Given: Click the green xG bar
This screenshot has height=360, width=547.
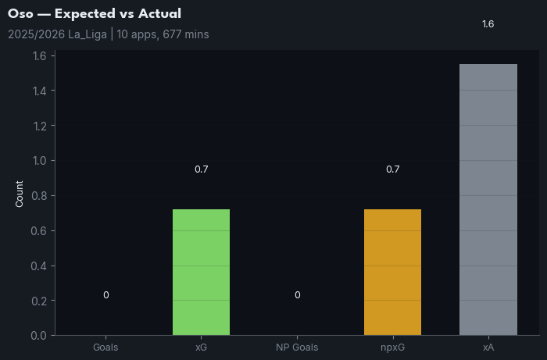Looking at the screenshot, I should tap(201, 272).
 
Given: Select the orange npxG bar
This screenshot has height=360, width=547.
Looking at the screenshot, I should tap(392, 272).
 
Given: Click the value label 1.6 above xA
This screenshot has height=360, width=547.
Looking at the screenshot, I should tap(488, 24).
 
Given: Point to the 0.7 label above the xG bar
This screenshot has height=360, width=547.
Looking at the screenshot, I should tap(201, 169).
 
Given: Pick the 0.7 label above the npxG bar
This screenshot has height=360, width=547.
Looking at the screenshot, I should tap(392, 169).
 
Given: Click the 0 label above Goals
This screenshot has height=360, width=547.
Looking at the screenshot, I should tap(105, 295).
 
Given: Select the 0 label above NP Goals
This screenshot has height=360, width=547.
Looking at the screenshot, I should tap(297, 295).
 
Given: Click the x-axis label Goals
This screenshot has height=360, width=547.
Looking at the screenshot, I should tap(105, 347).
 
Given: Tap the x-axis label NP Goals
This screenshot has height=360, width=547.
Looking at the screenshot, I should tap(297, 347).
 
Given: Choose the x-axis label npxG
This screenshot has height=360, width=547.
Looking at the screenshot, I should tap(392, 347).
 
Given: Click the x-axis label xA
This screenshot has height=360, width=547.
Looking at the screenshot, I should tap(488, 347).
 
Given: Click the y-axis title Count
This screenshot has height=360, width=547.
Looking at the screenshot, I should tap(20, 194).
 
